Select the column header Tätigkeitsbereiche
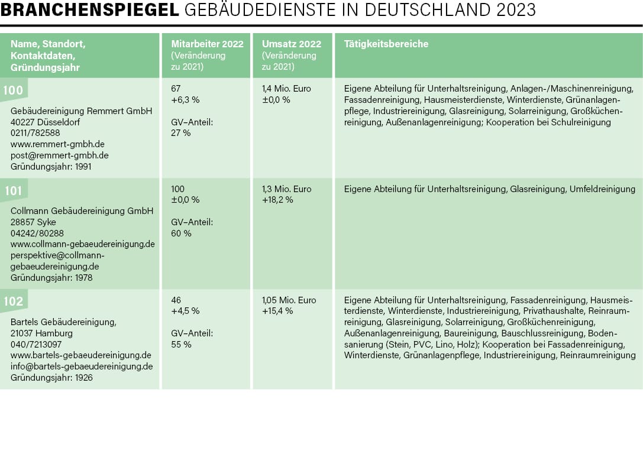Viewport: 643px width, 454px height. (x=386, y=44)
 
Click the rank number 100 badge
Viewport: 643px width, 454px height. (x=13, y=90)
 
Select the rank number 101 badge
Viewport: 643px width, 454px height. (x=13, y=191)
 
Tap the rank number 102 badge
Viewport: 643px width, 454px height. (x=13, y=301)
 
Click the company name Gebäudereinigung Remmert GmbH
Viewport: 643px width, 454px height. (x=81, y=111)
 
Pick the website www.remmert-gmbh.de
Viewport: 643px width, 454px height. (x=57, y=144)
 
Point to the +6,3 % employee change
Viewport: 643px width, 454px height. (x=185, y=100)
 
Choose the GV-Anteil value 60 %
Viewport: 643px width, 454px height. (x=181, y=234)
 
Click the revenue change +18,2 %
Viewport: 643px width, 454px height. (x=277, y=200)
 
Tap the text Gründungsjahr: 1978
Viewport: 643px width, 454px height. (x=51, y=277)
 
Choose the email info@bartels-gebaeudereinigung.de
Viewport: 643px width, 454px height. (x=82, y=367)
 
